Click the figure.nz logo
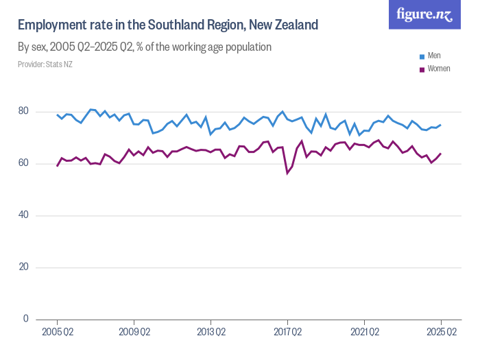(424, 15)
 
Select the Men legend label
(434, 56)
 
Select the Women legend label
(439, 69)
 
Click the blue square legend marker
(422, 56)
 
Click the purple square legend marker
(422, 69)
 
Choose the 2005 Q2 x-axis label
(57, 333)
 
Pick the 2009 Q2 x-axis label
(134, 333)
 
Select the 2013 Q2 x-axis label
(211, 333)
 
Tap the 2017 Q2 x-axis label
(287, 333)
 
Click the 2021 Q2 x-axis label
(364, 333)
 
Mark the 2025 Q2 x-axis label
(441, 333)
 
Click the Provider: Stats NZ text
(45, 64)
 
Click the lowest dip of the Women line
(287, 173)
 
